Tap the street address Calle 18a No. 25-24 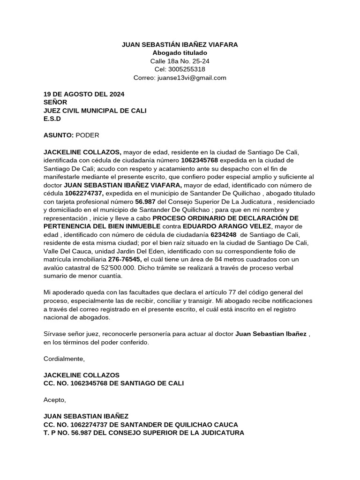[x=180, y=61]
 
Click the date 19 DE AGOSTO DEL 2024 [x=84, y=94]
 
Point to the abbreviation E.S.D [x=52, y=119]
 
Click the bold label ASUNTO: [x=59, y=135]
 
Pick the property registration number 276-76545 [x=125, y=259]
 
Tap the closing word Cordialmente [x=64, y=359]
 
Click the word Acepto [x=55, y=400]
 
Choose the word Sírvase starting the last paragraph [x=56, y=334]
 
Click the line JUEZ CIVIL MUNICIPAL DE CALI [x=95, y=110]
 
